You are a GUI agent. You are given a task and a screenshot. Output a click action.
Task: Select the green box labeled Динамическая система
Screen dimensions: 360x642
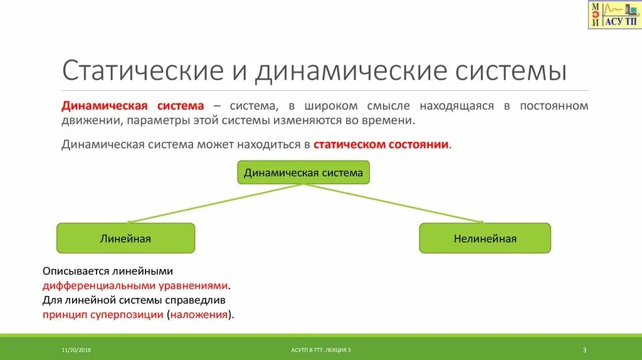(303, 172)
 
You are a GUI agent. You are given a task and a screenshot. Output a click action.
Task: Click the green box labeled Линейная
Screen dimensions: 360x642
(125, 238)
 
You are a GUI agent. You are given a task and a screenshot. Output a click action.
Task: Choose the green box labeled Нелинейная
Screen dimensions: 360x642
(485, 238)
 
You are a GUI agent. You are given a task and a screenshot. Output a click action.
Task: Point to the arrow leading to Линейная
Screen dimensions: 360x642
(213, 204)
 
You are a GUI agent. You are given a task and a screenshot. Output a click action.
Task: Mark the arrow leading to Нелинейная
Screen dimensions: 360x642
(395, 204)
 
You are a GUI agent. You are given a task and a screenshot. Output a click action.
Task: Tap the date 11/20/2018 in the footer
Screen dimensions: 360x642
(76, 349)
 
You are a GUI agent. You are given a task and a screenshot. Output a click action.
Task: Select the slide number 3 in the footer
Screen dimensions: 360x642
(584, 349)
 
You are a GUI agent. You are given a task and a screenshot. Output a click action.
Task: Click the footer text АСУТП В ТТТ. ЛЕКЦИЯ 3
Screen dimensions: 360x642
(321, 349)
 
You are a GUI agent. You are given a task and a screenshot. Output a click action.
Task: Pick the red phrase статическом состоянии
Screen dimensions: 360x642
(381, 144)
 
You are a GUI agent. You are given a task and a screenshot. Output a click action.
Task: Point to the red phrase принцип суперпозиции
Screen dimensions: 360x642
(103, 314)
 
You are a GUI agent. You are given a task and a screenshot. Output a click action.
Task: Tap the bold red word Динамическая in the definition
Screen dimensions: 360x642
(104, 105)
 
